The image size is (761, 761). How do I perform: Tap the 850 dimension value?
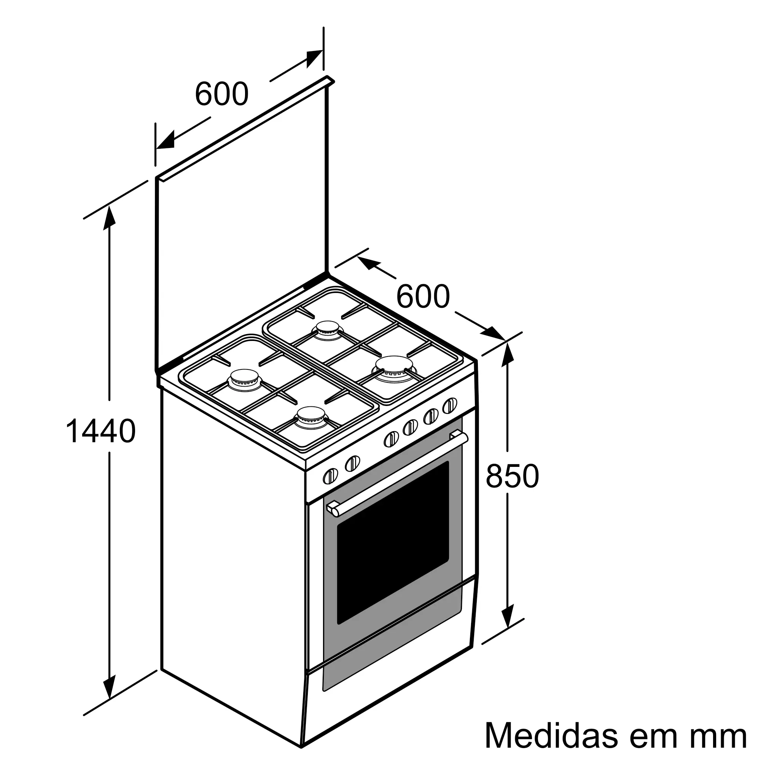tap(512, 476)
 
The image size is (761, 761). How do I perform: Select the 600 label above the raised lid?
tap(222, 94)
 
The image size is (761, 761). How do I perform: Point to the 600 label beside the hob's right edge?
tap(423, 296)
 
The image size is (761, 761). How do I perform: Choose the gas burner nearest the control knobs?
tap(311, 416)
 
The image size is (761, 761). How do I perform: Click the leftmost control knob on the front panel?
tap(330, 476)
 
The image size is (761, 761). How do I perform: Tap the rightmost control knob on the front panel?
tap(450, 406)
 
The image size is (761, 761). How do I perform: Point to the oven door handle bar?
tap(398, 473)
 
